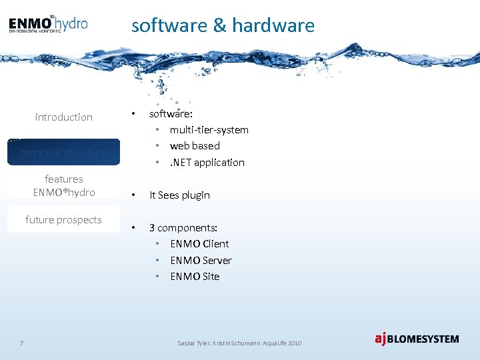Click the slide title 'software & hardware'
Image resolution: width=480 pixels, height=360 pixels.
coord(223,25)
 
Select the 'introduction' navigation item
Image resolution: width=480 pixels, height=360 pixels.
coord(64,117)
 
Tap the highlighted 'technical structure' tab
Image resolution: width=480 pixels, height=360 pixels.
coord(64,152)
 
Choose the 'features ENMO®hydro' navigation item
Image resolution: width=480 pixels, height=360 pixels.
coord(64,185)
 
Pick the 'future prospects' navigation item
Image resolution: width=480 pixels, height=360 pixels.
coord(64,220)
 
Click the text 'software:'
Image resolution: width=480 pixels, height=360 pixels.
coord(171,113)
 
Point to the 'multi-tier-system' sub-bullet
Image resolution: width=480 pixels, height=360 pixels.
coord(209,129)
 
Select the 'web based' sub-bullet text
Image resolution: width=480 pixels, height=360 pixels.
coord(195,145)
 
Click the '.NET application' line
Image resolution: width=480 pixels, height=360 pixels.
coord(207,162)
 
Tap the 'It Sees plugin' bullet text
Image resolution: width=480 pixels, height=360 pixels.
coord(179,195)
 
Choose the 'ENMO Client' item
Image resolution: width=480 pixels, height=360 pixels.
coord(199,243)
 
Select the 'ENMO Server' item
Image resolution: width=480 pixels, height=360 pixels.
coord(201,260)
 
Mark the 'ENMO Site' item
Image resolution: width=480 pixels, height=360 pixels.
coord(195,276)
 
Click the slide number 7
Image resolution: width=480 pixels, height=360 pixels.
coord(22,343)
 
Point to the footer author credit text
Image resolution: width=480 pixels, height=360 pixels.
coord(239,343)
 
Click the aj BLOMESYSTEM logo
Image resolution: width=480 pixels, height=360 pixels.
coord(417,339)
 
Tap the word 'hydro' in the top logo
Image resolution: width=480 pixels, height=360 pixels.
coord(71,24)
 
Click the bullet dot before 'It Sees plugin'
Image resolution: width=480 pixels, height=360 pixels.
coord(134,195)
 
